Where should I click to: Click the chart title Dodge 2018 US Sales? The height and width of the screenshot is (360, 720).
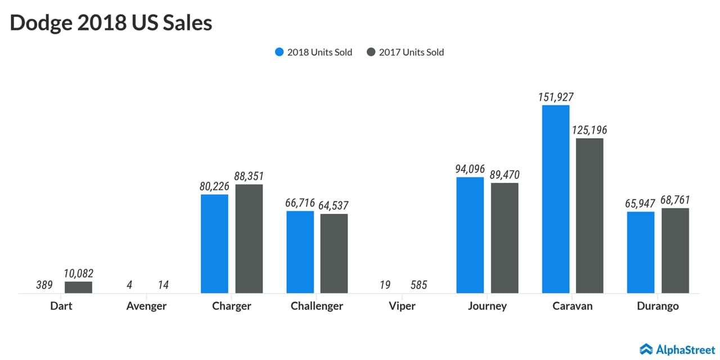tap(111, 23)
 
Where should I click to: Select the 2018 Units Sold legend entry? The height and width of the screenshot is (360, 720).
tap(313, 52)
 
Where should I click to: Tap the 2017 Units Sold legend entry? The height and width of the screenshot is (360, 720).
tap(405, 52)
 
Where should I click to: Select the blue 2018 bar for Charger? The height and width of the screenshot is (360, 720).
tap(214, 244)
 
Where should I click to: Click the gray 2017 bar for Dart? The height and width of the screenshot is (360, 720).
tap(78, 287)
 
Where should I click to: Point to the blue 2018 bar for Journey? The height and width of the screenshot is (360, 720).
tap(470, 235)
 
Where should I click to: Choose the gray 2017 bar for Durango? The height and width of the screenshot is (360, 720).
tap(675, 250)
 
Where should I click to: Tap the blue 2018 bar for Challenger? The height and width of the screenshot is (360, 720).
tap(300, 252)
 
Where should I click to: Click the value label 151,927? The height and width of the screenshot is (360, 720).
tap(555, 97)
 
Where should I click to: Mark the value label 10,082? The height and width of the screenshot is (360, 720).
tap(78, 273)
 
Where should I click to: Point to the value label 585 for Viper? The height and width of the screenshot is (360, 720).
tap(418, 285)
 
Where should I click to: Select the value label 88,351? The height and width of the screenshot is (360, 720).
tap(249, 176)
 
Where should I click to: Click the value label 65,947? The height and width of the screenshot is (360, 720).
tap(640, 204)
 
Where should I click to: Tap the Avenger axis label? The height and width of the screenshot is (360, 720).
tap(146, 307)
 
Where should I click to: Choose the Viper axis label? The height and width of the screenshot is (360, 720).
tap(402, 307)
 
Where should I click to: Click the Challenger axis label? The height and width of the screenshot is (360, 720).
tap(317, 307)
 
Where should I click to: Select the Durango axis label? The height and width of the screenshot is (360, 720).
tap(658, 307)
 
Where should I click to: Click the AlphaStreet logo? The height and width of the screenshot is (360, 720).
tap(677, 349)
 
